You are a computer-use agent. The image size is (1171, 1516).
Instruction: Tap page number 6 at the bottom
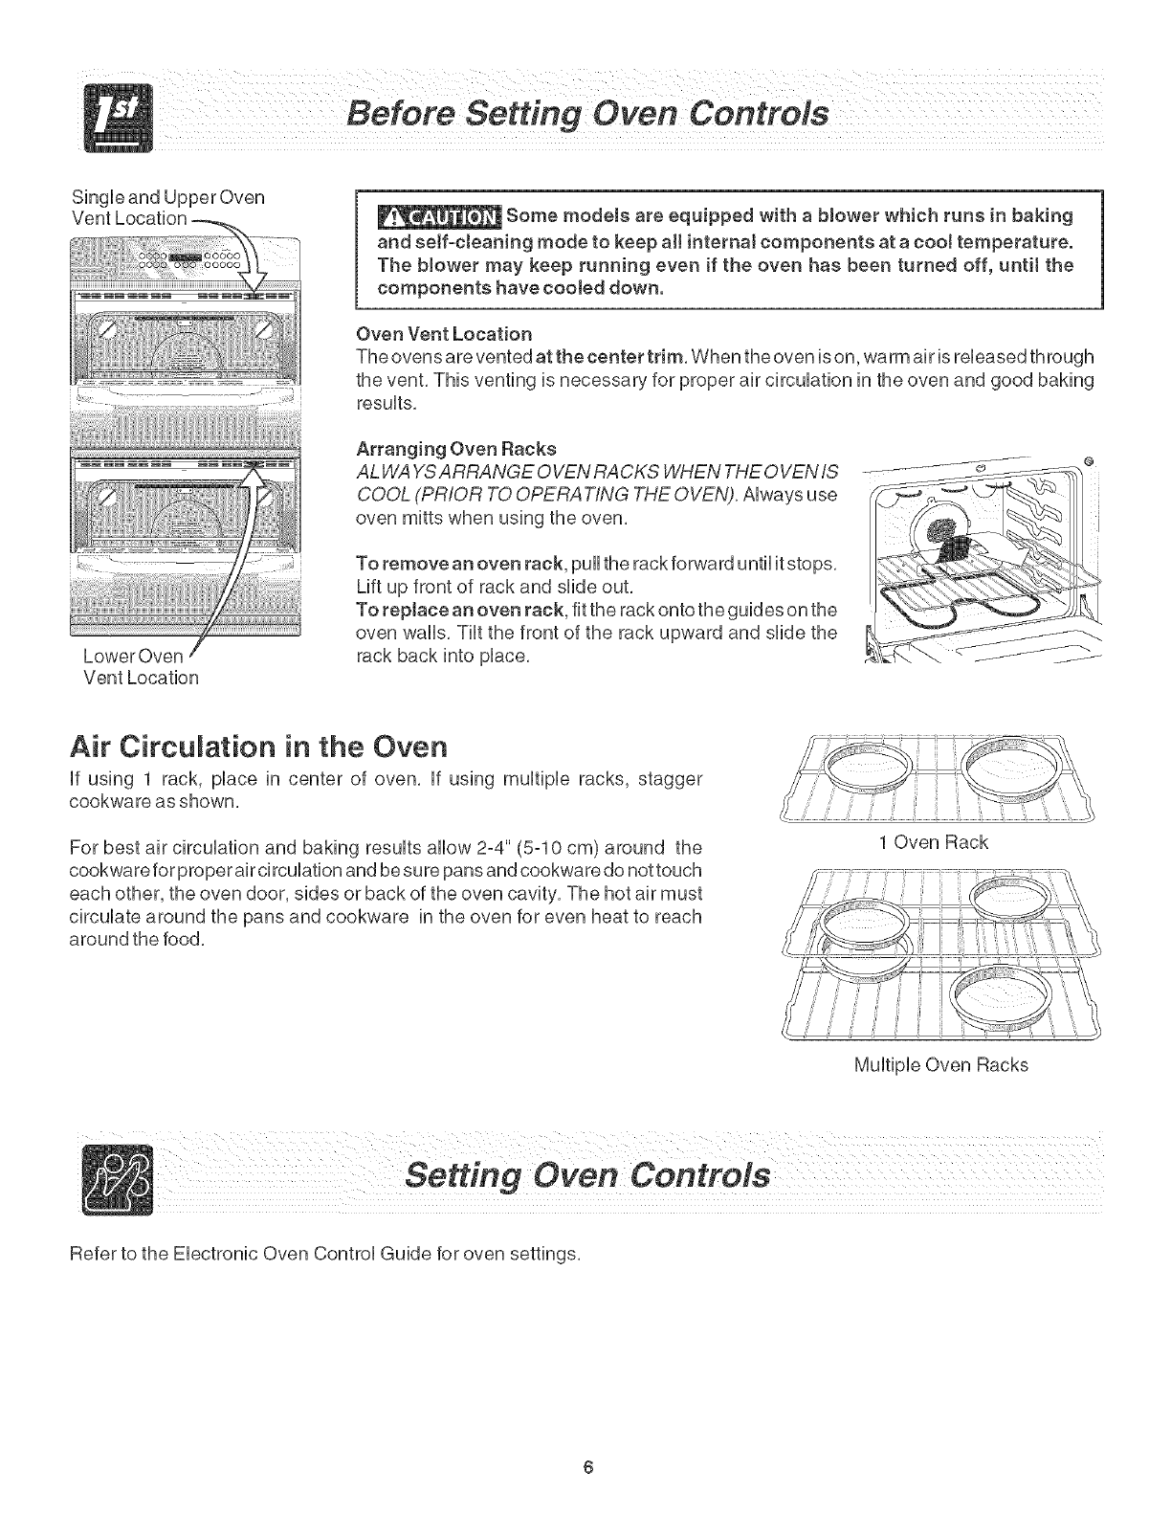593,1468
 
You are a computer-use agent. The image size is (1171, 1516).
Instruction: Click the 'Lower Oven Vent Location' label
141,667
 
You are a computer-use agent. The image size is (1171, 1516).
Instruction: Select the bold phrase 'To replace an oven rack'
450,610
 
